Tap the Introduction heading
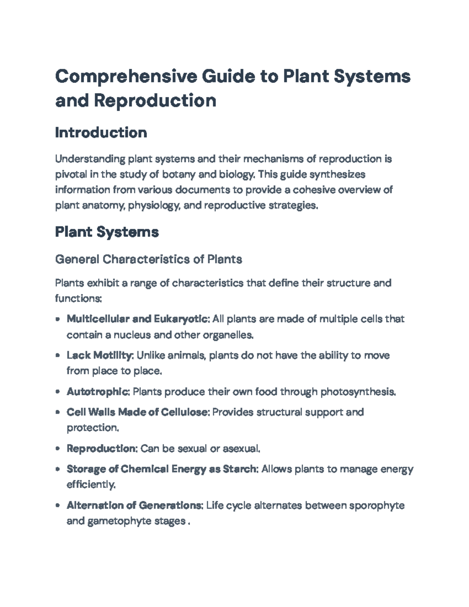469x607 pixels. point(101,133)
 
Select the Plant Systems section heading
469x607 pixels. point(107,232)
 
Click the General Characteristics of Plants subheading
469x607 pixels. point(149,259)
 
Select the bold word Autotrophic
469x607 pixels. point(98,392)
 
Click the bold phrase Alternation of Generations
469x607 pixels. point(134,505)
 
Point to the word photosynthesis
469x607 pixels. point(358,392)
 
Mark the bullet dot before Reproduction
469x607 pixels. point(58,449)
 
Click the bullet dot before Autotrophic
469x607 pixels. point(58,392)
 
